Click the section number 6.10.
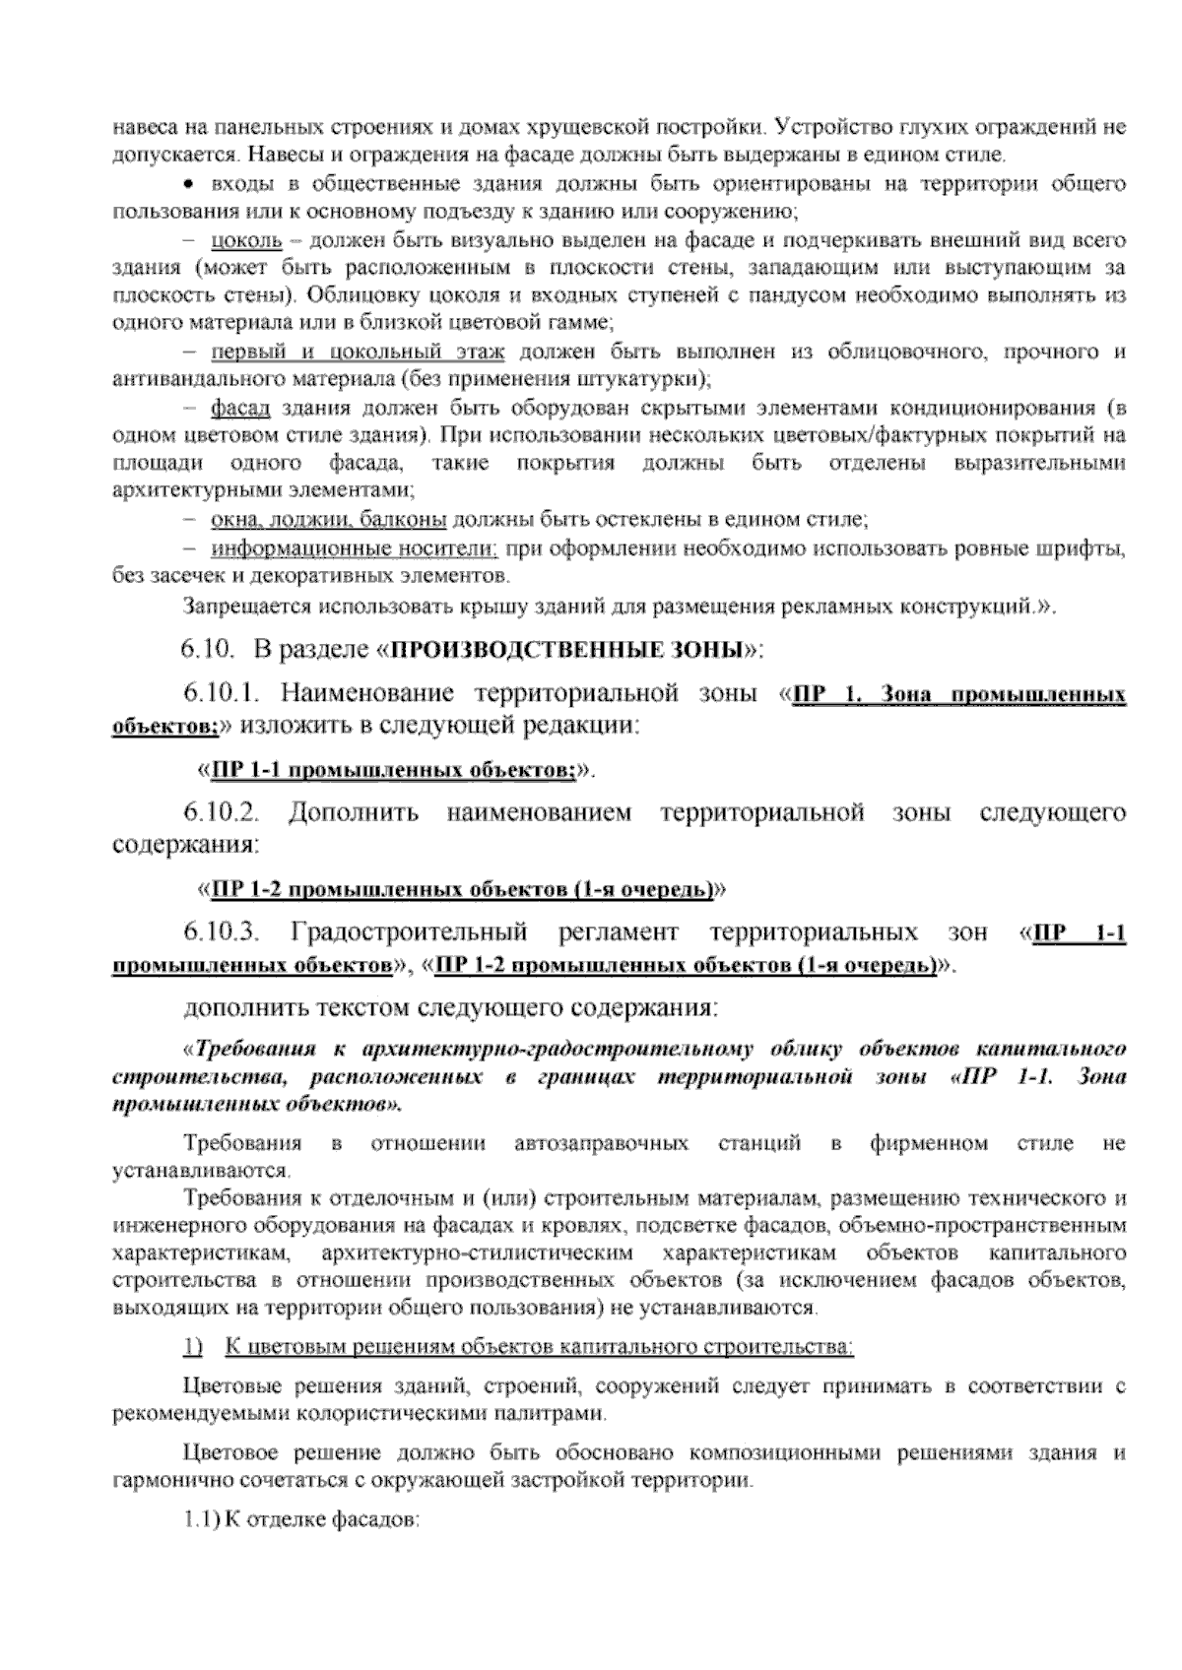pyautogui.click(x=205, y=650)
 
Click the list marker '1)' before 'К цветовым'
pyautogui.click(x=192, y=1346)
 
